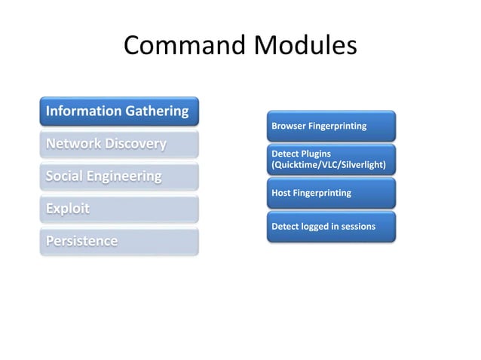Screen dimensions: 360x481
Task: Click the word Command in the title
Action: click(x=179, y=47)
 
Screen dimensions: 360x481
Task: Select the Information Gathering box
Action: click(x=119, y=111)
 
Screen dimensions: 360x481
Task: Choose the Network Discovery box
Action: click(x=119, y=144)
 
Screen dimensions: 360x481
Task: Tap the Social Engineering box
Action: click(x=119, y=177)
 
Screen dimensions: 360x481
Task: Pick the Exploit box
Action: click(x=119, y=209)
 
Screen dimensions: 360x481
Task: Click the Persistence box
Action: click(x=119, y=241)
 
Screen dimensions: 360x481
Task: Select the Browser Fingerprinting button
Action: click(x=330, y=126)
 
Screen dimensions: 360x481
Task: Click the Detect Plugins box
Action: click(x=330, y=159)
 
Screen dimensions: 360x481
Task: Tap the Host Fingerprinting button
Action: click(x=330, y=193)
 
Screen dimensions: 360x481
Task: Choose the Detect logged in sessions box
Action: click(x=330, y=226)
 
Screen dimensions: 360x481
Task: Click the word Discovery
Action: click(x=136, y=144)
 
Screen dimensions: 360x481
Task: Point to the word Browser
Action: click(x=288, y=126)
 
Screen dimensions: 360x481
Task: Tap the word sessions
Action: click(x=357, y=226)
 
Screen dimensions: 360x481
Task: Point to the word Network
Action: click(x=75, y=144)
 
